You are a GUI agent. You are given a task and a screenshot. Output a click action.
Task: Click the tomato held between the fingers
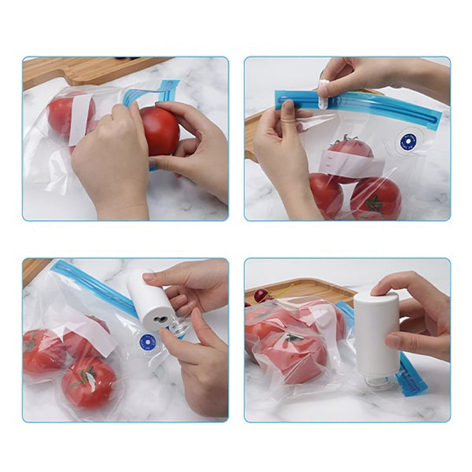(x=159, y=130)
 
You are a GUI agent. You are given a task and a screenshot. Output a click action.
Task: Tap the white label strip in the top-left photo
(x=80, y=118)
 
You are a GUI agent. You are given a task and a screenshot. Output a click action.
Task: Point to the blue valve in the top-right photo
(x=408, y=141)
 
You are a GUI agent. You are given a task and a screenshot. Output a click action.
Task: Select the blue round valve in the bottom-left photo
(x=147, y=341)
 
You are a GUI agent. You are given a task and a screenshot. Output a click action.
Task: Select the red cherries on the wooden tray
(x=260, y=294)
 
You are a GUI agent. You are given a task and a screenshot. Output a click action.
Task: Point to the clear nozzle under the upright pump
(x=378, y=381)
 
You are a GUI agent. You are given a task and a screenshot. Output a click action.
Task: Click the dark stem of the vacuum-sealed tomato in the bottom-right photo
(x=294, y=337)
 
